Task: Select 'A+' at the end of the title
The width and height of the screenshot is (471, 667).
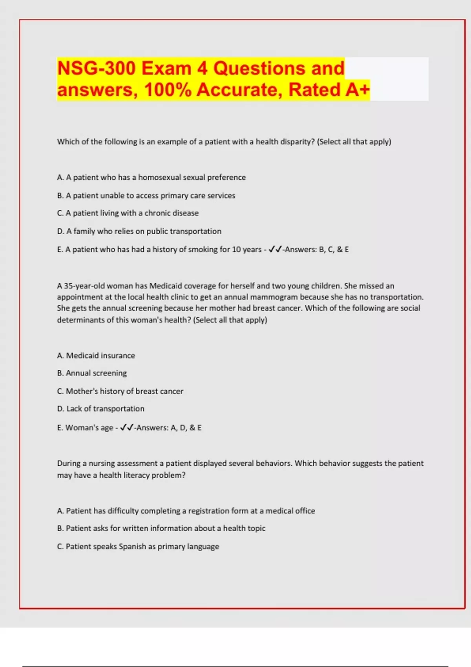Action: (x=358, y=89)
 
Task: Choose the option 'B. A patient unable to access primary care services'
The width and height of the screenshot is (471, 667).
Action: (x=146, y=195)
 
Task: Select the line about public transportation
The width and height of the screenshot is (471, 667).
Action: (x=139, y=231)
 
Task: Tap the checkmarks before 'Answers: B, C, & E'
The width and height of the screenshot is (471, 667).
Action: (x=275, y=250)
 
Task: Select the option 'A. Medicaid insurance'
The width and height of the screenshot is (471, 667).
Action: (x=96, y=355)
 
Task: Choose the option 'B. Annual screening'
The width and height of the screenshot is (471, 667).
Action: (x=92, y=373)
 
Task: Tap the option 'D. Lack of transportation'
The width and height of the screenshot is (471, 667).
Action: (x=100, y=409)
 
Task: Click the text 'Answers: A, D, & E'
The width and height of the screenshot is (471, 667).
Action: (x=169, y=428)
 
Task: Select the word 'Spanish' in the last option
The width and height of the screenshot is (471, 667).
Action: (x=132, y=547)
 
